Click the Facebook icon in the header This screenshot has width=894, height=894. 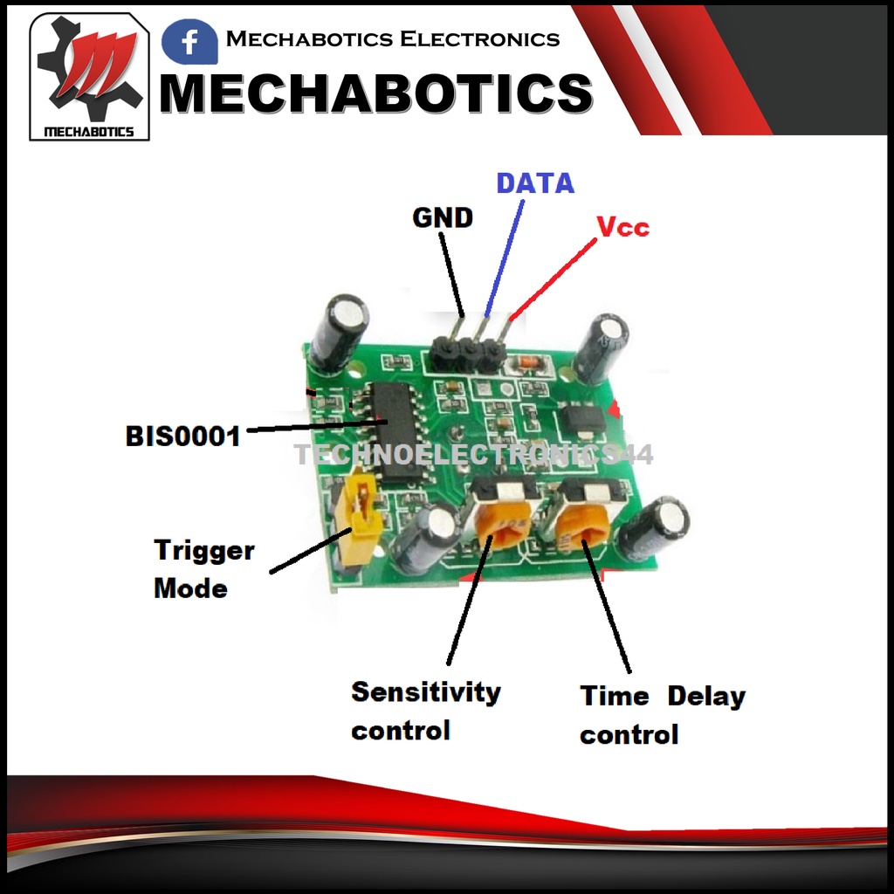[x=189, y=42]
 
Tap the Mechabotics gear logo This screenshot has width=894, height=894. [x=90, y=77]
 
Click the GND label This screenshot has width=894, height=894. [x=442, y=217]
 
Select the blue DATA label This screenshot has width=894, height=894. [x=535, y=183]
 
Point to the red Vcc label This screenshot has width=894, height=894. [x=622, y=227]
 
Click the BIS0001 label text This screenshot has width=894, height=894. [x=182, y=436]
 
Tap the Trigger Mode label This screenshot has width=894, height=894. [x=203, y=569]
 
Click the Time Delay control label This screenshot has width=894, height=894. [x=662, y=715]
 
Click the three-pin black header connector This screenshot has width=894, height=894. [x=467, y=351]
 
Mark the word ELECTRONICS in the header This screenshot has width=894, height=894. [x=479, y=39]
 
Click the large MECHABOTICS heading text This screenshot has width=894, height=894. [x=375, y=93]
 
